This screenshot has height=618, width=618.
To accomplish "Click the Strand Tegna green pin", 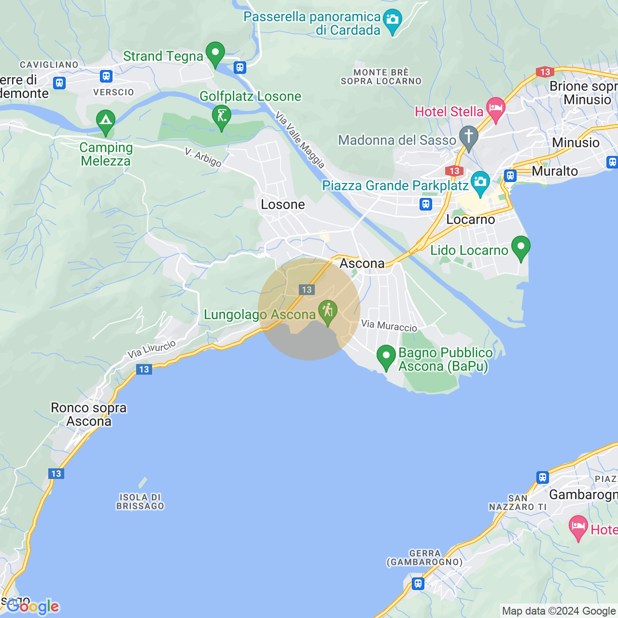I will (215, 54).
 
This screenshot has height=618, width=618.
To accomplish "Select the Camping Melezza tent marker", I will (106, 122).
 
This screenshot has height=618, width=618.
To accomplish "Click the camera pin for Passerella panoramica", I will (393, 21).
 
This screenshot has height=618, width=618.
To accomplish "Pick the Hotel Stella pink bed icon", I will (496, 109).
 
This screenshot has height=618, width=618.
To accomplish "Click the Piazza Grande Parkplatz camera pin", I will (480, 183).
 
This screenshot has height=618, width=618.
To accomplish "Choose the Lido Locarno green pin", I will (520, 247).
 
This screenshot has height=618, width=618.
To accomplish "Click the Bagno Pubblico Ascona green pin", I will (386, 357).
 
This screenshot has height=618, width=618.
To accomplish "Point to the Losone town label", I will (283, 205).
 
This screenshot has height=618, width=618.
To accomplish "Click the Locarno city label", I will (471, 220).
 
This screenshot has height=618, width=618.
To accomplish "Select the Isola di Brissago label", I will (140, 502).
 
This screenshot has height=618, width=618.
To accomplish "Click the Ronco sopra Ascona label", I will (89, 414).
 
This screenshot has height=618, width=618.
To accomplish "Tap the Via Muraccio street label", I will (389, 326).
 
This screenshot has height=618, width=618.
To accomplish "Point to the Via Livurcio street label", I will (152, 349).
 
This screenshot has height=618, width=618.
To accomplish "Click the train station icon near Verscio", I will (106, 76).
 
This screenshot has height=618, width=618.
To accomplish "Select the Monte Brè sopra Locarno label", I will (381, 77).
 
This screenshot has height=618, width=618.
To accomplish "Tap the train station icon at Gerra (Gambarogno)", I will (418, 584).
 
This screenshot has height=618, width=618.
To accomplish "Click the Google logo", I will (33, 606).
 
